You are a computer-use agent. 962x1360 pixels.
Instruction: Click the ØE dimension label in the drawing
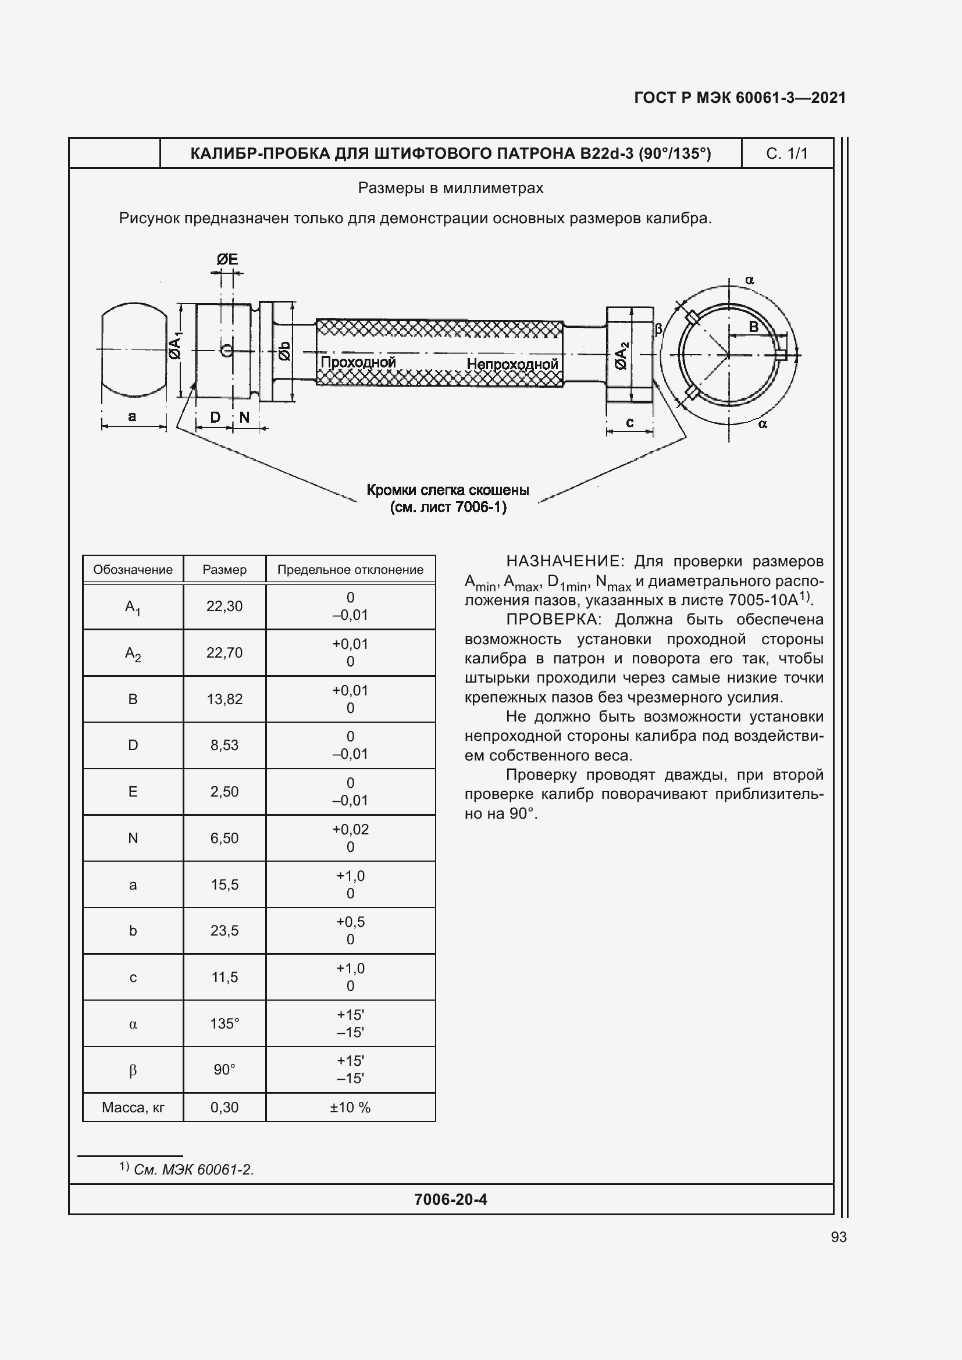(227, 259)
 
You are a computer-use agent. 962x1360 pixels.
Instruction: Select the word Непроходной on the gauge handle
(512, 363)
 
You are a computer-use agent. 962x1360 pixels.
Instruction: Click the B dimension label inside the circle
(753, 327)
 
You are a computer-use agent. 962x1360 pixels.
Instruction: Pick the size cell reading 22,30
(225, 606)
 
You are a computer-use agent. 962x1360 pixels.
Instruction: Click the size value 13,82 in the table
(225, 699)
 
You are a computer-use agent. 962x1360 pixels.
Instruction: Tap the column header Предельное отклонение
(350, 570)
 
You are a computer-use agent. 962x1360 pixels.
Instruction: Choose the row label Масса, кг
(133, 1107)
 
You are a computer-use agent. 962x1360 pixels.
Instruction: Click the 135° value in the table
(225, 1023)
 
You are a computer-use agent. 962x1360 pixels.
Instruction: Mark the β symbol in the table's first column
(133, 1070)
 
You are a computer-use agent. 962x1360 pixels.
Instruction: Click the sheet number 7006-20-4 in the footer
(451, 1200)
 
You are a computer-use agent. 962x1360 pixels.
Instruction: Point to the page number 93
(839, 1237)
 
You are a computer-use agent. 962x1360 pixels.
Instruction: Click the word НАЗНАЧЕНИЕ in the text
(562, 561)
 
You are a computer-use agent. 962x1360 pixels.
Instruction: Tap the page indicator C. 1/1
(787, 154)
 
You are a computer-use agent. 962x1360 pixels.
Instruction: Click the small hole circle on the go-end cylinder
(226, 351)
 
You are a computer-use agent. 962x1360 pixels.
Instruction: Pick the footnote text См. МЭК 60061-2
(194, 1169)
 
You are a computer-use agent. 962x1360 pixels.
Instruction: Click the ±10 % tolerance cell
(350, 1107)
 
